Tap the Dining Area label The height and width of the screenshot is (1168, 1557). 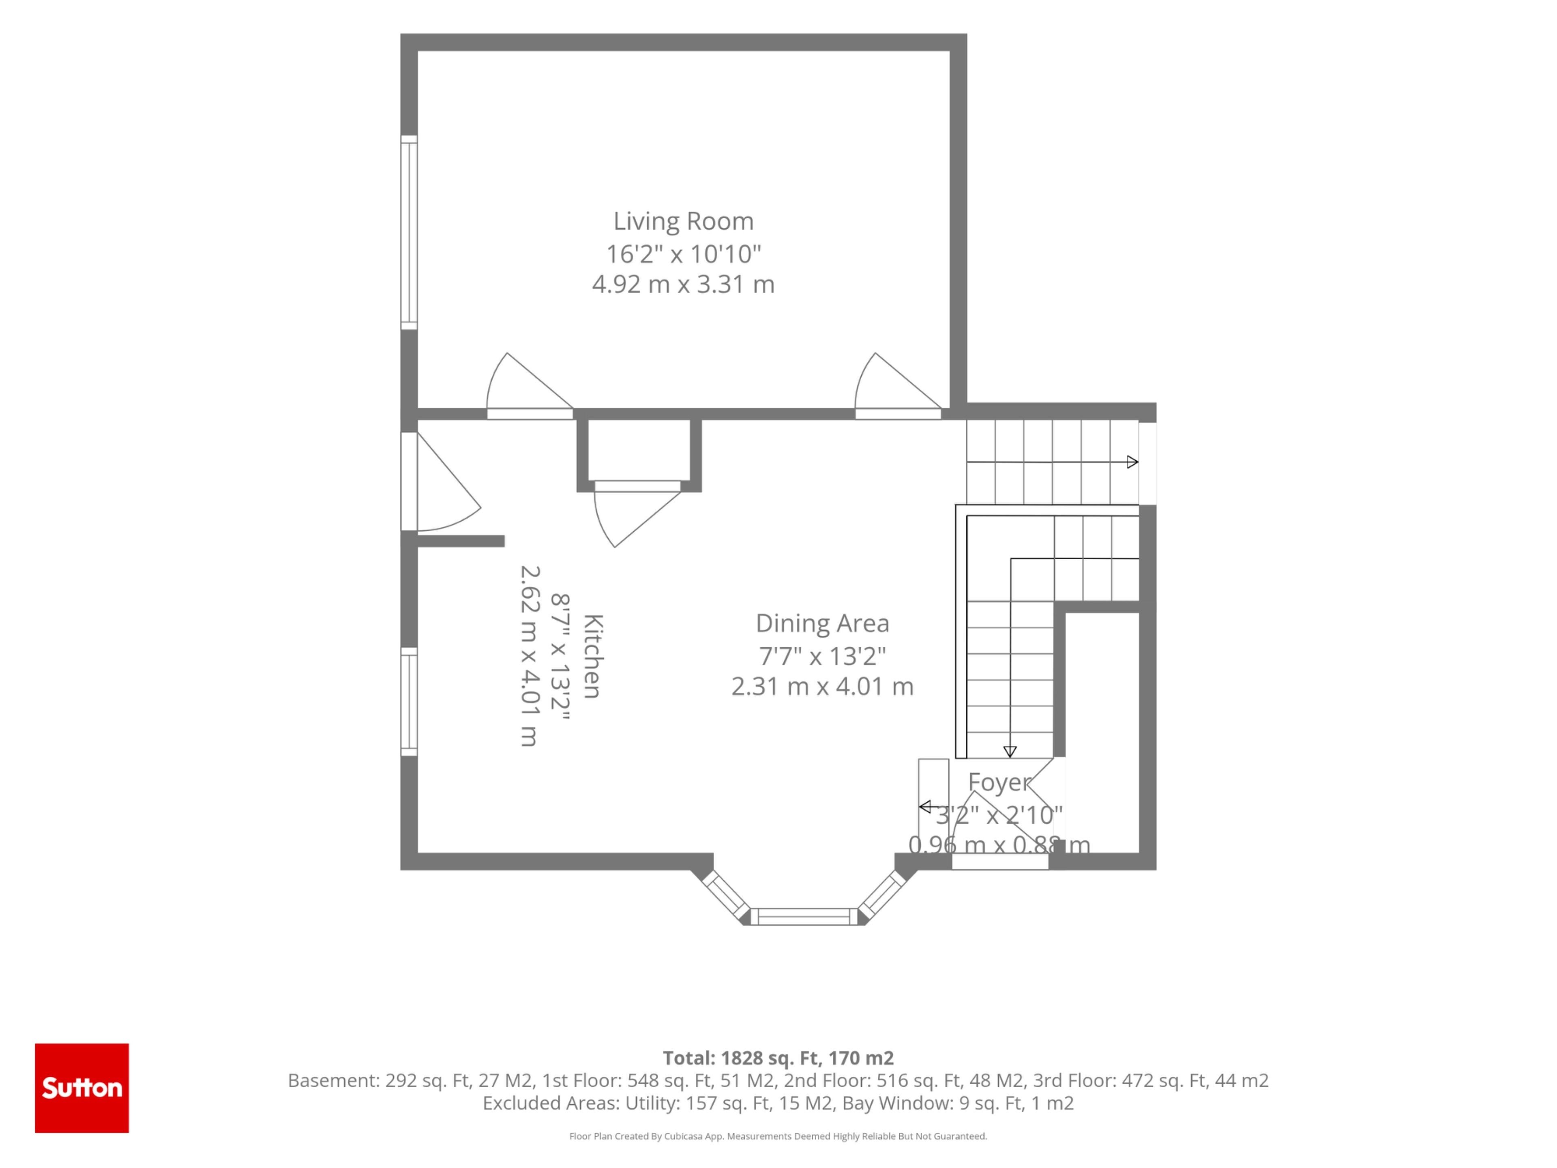click(822, 623)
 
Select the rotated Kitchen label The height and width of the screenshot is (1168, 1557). click(593, 656)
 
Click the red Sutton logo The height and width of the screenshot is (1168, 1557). click(81, 1088)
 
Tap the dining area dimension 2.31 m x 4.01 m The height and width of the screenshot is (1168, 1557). click(822, 687)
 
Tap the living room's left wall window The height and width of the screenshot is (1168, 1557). click(409, 232)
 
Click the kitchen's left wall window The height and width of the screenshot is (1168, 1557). click(409, 702)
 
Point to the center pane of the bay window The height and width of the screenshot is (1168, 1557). click(804, 916)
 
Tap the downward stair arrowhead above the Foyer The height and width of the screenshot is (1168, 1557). click(1010, 751)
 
